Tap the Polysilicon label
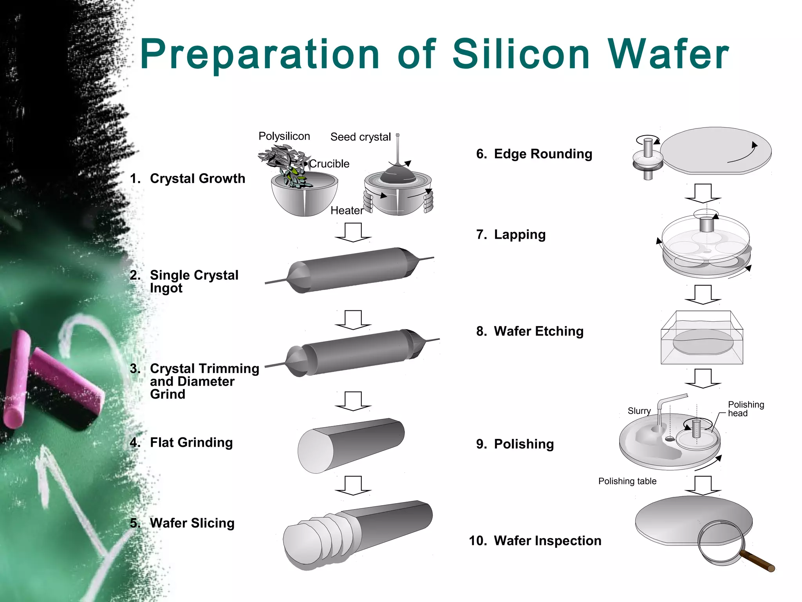point(284,136)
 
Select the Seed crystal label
point(360,137)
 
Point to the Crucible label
point(329,163)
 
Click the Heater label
point(347,210)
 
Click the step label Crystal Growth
point(197,178)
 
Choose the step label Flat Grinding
point(191,442)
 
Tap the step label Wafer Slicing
point(192,523)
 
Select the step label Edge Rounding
point(543,154)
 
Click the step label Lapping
point(519,234)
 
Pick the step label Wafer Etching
point(538,331)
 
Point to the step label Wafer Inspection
point(547,540)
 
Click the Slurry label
point(639,411)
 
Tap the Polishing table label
point(627,481)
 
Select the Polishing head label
point(746,408)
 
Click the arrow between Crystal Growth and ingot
point(353,232)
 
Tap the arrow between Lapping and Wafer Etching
point(703,294)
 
